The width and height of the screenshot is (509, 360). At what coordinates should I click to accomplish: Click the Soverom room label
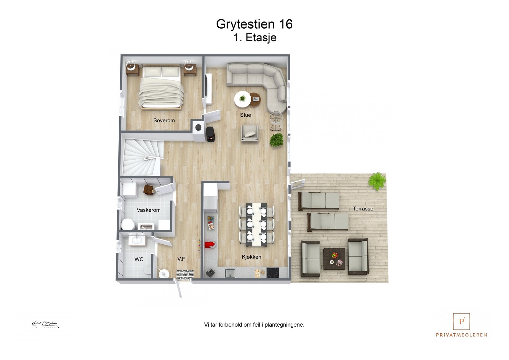pos(164,121)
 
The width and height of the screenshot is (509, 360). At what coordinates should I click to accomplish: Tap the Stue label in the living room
pos(245,115)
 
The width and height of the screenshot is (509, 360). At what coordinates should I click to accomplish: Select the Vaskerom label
pos(149,210)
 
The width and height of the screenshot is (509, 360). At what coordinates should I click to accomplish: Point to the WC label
pos(139,260)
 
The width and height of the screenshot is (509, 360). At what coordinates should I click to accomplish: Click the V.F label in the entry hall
pos(181,259)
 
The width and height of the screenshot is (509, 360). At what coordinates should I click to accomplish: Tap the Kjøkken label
pos(251,257)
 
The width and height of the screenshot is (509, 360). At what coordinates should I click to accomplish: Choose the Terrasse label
pos(363,209)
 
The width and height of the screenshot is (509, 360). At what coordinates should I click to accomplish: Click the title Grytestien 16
pos(254,24)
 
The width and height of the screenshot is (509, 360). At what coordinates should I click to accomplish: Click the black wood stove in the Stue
pos(211,134)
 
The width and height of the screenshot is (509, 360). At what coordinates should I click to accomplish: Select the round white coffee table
pos(242,99)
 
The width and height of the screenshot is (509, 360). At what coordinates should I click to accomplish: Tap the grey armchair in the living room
pos(250,133)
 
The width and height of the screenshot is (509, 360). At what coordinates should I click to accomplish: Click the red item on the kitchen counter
pos(210,245)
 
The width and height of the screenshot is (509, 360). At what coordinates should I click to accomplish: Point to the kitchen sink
pos(230,273)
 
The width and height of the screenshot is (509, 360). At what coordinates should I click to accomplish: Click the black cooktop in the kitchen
pos(273,273)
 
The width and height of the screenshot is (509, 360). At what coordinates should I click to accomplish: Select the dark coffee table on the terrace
pos(334,259)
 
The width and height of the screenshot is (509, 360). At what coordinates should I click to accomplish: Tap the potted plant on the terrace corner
pos(377,181)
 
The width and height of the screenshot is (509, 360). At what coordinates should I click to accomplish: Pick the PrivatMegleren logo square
pos(461,322)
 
